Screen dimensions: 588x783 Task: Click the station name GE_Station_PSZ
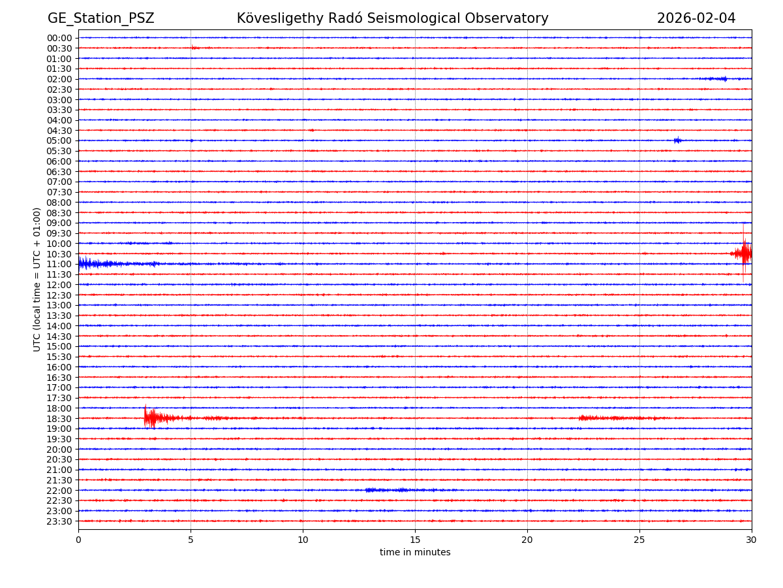100,18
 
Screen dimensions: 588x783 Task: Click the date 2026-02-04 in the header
696,18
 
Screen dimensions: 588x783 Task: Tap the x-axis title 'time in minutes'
415,552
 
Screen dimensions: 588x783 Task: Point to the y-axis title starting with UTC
37,279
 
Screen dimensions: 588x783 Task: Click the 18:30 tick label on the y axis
59,418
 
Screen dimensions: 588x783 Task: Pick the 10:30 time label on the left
59,253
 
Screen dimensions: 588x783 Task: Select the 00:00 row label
59,38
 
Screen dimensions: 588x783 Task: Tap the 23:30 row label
59,521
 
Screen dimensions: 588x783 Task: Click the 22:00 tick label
59,490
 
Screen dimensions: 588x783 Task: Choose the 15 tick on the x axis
415,540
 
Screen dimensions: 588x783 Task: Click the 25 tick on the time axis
639,540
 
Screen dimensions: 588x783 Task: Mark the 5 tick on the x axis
191,540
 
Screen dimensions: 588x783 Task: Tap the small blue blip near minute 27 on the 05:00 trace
677,140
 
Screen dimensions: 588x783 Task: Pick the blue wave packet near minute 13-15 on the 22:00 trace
388,490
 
